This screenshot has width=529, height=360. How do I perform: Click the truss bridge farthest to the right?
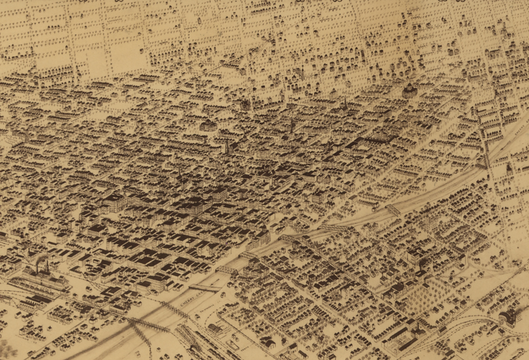[486, 159]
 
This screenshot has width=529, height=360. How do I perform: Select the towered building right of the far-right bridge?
[509, 169]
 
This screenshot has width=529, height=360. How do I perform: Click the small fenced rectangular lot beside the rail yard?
[233, 344]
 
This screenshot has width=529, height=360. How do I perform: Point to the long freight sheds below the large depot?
[33, 301]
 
